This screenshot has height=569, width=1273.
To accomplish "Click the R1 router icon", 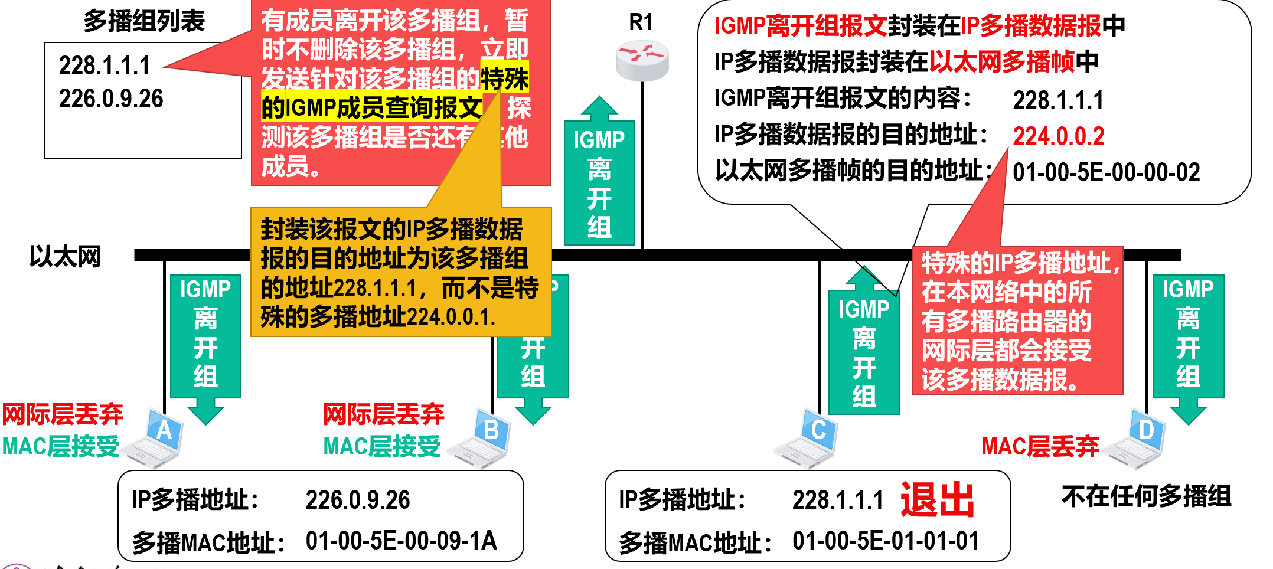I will pyautogui.click(x=642, y=61).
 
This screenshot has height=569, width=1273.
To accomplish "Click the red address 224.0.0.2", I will pyautogui.click(x=1058, y=136).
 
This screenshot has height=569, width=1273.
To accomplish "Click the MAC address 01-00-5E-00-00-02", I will pyautogui.click(x=1106, y=172).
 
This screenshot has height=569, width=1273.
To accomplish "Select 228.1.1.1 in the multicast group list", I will pyautogui.click(x=105, y=66).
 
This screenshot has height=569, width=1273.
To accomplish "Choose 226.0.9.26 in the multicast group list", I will pyautogui.click(x=110, y=99).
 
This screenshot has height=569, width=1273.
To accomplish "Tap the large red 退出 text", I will pyautogui.click(x=937, y=500).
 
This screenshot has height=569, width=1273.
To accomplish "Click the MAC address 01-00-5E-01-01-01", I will pyautogui.click(x=885, y=541).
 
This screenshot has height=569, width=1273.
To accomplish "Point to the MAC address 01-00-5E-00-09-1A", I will pyautogui.click(x=401, y=541).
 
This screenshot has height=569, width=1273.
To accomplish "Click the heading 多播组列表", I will pyautogui.click(x=143, y=21).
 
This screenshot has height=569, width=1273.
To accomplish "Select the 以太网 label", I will pyautogui.click(x=65, y=257).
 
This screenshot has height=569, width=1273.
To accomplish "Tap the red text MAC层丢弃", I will pyautogui.click(x=1040, y=446).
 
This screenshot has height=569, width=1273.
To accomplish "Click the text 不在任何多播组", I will pyautogui.click(x=1146, y=496).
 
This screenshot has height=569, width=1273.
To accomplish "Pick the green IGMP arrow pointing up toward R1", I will pyautogui.click(x=599, y=177).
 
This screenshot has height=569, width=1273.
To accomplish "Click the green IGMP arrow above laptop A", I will pyautogui.click(x=205, y=342).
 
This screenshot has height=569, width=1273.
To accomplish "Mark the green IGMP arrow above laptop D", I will pyautogui.click(x=1188, y=342).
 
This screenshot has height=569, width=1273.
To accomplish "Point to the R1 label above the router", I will pyautogui.click(x=641, y=22).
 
